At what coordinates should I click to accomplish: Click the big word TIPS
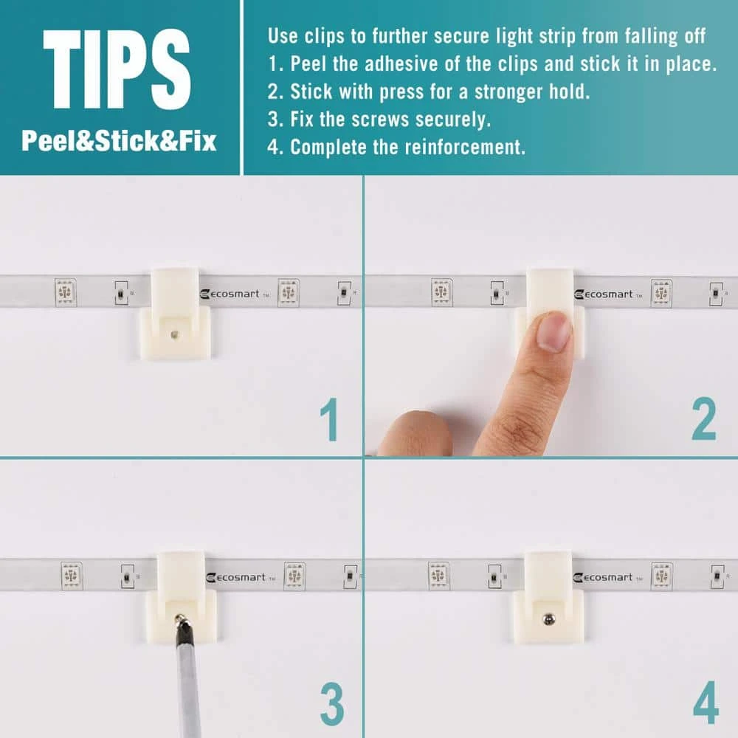[117, 69]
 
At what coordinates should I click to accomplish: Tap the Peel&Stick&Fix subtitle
[119, 141]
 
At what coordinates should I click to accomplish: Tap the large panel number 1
[329, 419]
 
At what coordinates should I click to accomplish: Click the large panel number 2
[703, 418]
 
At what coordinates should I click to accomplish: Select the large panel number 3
[332, 704]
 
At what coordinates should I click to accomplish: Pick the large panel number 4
[706, 703]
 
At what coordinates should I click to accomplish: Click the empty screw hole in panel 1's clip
[174, 335]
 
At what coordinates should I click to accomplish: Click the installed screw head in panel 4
[548, 618]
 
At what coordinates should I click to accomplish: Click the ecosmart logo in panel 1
[234, 294]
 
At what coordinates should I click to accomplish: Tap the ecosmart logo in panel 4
[607, 578]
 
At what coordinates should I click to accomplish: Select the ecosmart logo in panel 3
[240, 578]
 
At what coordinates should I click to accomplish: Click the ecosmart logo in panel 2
[608, 294]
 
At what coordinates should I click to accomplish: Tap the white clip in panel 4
[548, 597]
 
